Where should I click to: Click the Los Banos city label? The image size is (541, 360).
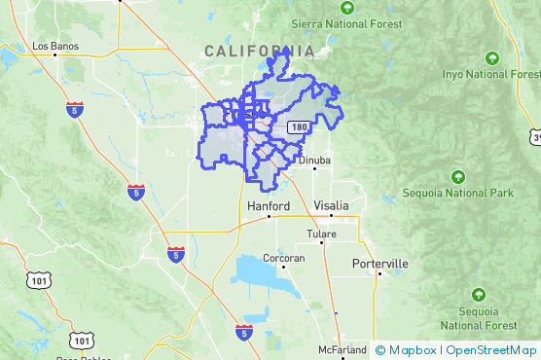coord(54,45)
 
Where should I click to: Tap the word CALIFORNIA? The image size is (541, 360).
coord(259,51)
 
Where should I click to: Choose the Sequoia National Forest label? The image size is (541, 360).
coord(478,317)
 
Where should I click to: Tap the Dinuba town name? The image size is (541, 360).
coord(314,161)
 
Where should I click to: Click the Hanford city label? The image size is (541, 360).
coord(269,207)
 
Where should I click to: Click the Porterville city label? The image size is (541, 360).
coord(380,264)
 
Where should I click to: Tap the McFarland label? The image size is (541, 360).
coord(342,349)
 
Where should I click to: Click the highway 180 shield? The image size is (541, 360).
coord(300,127)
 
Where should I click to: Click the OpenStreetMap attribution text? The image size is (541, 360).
coord(491,349)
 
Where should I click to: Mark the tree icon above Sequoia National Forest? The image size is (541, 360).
coord(478,294)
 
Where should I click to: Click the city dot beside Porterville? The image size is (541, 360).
coord(378,273)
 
